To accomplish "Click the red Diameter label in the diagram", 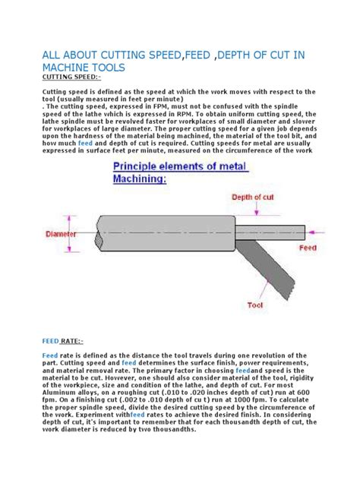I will coord(61,234).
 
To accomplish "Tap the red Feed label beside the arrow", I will coord(308,248).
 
